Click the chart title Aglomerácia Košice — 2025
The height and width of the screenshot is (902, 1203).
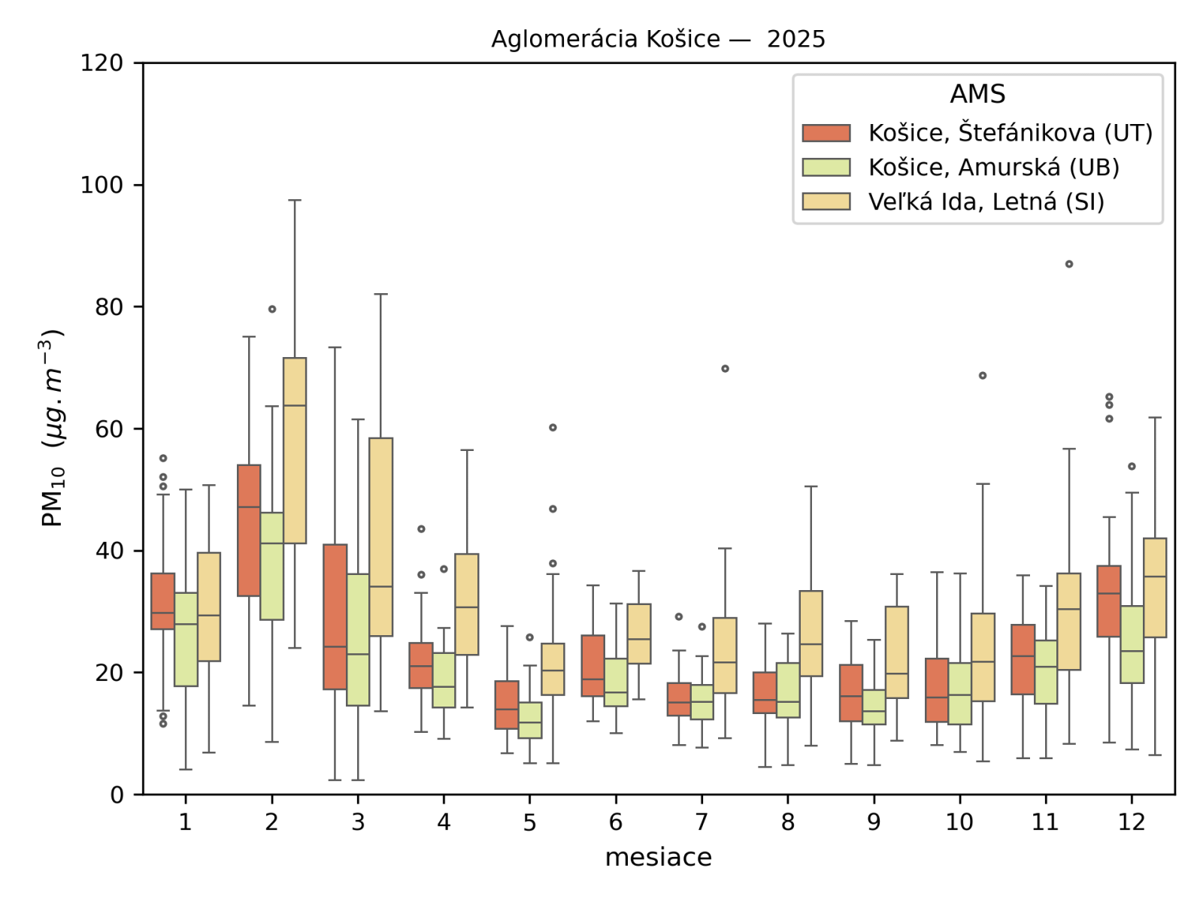[x=658, y=39]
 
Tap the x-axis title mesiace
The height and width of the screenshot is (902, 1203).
[x=658, y=857]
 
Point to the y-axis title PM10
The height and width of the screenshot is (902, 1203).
[x=52, y=428]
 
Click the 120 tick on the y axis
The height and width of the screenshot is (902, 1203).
[x=102, y=63]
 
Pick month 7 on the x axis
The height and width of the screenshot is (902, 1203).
[x=701, y=822]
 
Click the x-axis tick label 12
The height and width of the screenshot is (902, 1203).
[x=1132, y=822]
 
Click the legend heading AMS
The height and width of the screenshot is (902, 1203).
[x=977, y=94]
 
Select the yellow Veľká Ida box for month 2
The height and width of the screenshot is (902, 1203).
[x=295, y=450]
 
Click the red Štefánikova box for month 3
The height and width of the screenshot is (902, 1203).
[x=335, y=616]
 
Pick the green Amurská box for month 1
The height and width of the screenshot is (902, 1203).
[x=186, y=639]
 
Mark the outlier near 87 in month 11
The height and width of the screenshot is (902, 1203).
[x=1069, y=264]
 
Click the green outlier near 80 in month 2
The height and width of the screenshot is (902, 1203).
[x=272, y=309]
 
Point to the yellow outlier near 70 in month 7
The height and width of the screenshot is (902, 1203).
[x=725, y=368]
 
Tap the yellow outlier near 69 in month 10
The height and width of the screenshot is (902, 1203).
[x=983, y=375]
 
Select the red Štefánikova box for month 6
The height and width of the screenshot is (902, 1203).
[x=593, y=665]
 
